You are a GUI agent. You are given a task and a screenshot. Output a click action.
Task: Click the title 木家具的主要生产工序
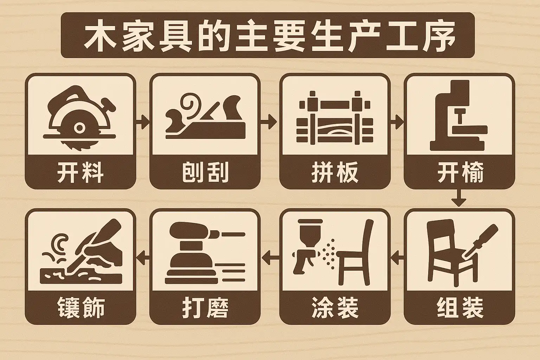coord(270,36)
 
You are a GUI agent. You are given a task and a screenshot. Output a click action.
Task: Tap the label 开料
coord(81,172)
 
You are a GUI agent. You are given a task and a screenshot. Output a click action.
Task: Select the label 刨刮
coord(205,172)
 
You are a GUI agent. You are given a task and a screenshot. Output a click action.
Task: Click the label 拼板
coord(335,172)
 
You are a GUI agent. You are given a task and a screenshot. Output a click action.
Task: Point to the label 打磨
coord(205,308)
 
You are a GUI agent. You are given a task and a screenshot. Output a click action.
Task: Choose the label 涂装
coord(335,308)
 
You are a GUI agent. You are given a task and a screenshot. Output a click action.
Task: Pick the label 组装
coord(460,308)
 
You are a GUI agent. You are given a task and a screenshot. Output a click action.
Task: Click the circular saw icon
coord(79,118)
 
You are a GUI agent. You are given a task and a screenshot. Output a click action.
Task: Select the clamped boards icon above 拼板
coord(335,118)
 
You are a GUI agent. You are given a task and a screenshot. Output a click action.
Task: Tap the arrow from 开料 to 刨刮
coord(143,122)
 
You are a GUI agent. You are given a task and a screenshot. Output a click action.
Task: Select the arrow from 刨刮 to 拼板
coord(269,122)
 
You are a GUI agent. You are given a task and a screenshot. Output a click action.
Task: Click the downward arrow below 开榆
coord(459,198)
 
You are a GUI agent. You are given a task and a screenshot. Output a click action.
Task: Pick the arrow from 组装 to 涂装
coord(397,257)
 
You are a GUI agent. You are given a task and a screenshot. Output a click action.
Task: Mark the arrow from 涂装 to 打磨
coord(270,257)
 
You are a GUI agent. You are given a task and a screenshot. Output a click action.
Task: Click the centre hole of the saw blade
coord(79,128)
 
